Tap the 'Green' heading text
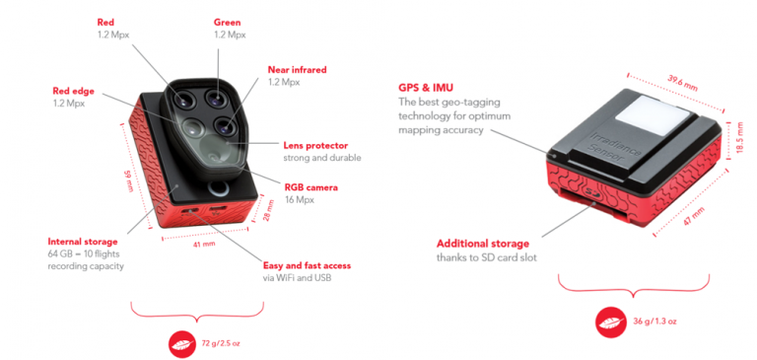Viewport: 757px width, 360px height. click(228, 22)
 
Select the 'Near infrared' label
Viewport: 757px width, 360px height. click(297, 70)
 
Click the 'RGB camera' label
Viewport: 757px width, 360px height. click(311, 186)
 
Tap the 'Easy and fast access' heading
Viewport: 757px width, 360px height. click(307, 265)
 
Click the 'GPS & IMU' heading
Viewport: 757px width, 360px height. click(425, 86)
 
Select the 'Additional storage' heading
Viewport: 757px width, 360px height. click(483, 243)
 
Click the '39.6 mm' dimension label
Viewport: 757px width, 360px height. click(681, 79)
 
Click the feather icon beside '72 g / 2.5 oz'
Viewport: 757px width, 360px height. click(182, 342)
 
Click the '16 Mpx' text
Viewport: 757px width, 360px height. click(299, 199)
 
